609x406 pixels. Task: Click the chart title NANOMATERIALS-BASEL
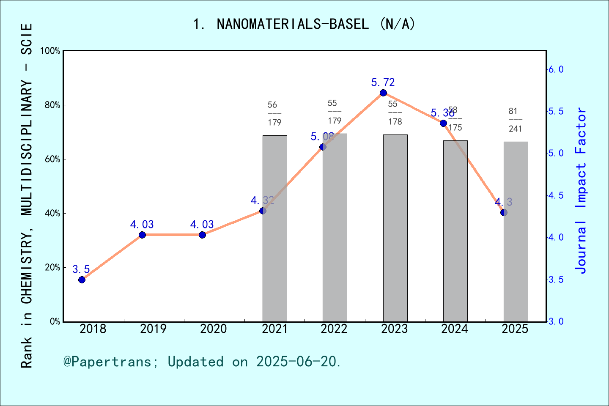coord(304,24)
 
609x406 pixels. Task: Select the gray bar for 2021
coord(275,228)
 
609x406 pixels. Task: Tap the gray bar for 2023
coord(395,228)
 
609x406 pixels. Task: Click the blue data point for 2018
coord(82,280)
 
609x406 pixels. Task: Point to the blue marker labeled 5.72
coord(383,93)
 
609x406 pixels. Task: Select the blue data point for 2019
coord(142,235)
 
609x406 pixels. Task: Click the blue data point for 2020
coord(202,235)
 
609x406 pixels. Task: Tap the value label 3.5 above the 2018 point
coord(81,269)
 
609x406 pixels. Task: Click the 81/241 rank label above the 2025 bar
coord(515,120)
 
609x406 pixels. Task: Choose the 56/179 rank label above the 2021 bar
coord(274,114)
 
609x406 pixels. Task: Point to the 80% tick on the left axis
coord(52,105)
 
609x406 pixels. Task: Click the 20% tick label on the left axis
coord(52,267)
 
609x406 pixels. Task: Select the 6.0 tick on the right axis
coord(556,69)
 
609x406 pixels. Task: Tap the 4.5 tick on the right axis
coord(556,195)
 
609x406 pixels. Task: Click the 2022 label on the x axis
coord(334,329)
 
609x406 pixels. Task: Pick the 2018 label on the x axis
coord(93,329)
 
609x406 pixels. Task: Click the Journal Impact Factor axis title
coord(581,190)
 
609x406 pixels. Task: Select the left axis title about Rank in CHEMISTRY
coord(27,195)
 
